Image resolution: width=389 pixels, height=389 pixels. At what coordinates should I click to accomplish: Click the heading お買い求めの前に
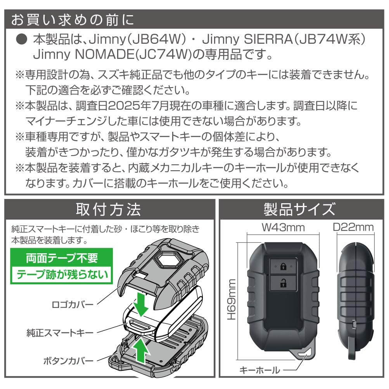click(73, 20)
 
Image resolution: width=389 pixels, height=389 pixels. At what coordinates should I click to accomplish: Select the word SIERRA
click(268, 39)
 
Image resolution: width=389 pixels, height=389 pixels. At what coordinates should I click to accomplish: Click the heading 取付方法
click(109, 210)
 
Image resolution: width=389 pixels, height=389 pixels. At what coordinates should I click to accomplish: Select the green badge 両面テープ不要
click(62, 258)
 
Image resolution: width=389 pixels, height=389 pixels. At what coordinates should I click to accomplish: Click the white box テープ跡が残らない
click(62, 274)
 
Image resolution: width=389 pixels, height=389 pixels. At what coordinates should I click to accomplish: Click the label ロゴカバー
click(73, 304)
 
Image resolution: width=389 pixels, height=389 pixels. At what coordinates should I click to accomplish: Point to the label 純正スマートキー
click(60, 333)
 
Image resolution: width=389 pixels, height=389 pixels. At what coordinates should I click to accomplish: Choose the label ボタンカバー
click(69, 361)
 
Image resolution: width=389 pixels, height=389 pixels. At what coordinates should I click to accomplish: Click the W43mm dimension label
click(283, 228)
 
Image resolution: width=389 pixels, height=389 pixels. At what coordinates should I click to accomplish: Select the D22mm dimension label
click(353, 227)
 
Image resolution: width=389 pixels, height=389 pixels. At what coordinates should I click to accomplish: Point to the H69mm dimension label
click(232, 299)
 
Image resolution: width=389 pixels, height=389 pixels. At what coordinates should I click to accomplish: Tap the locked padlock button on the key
click(283, 266)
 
